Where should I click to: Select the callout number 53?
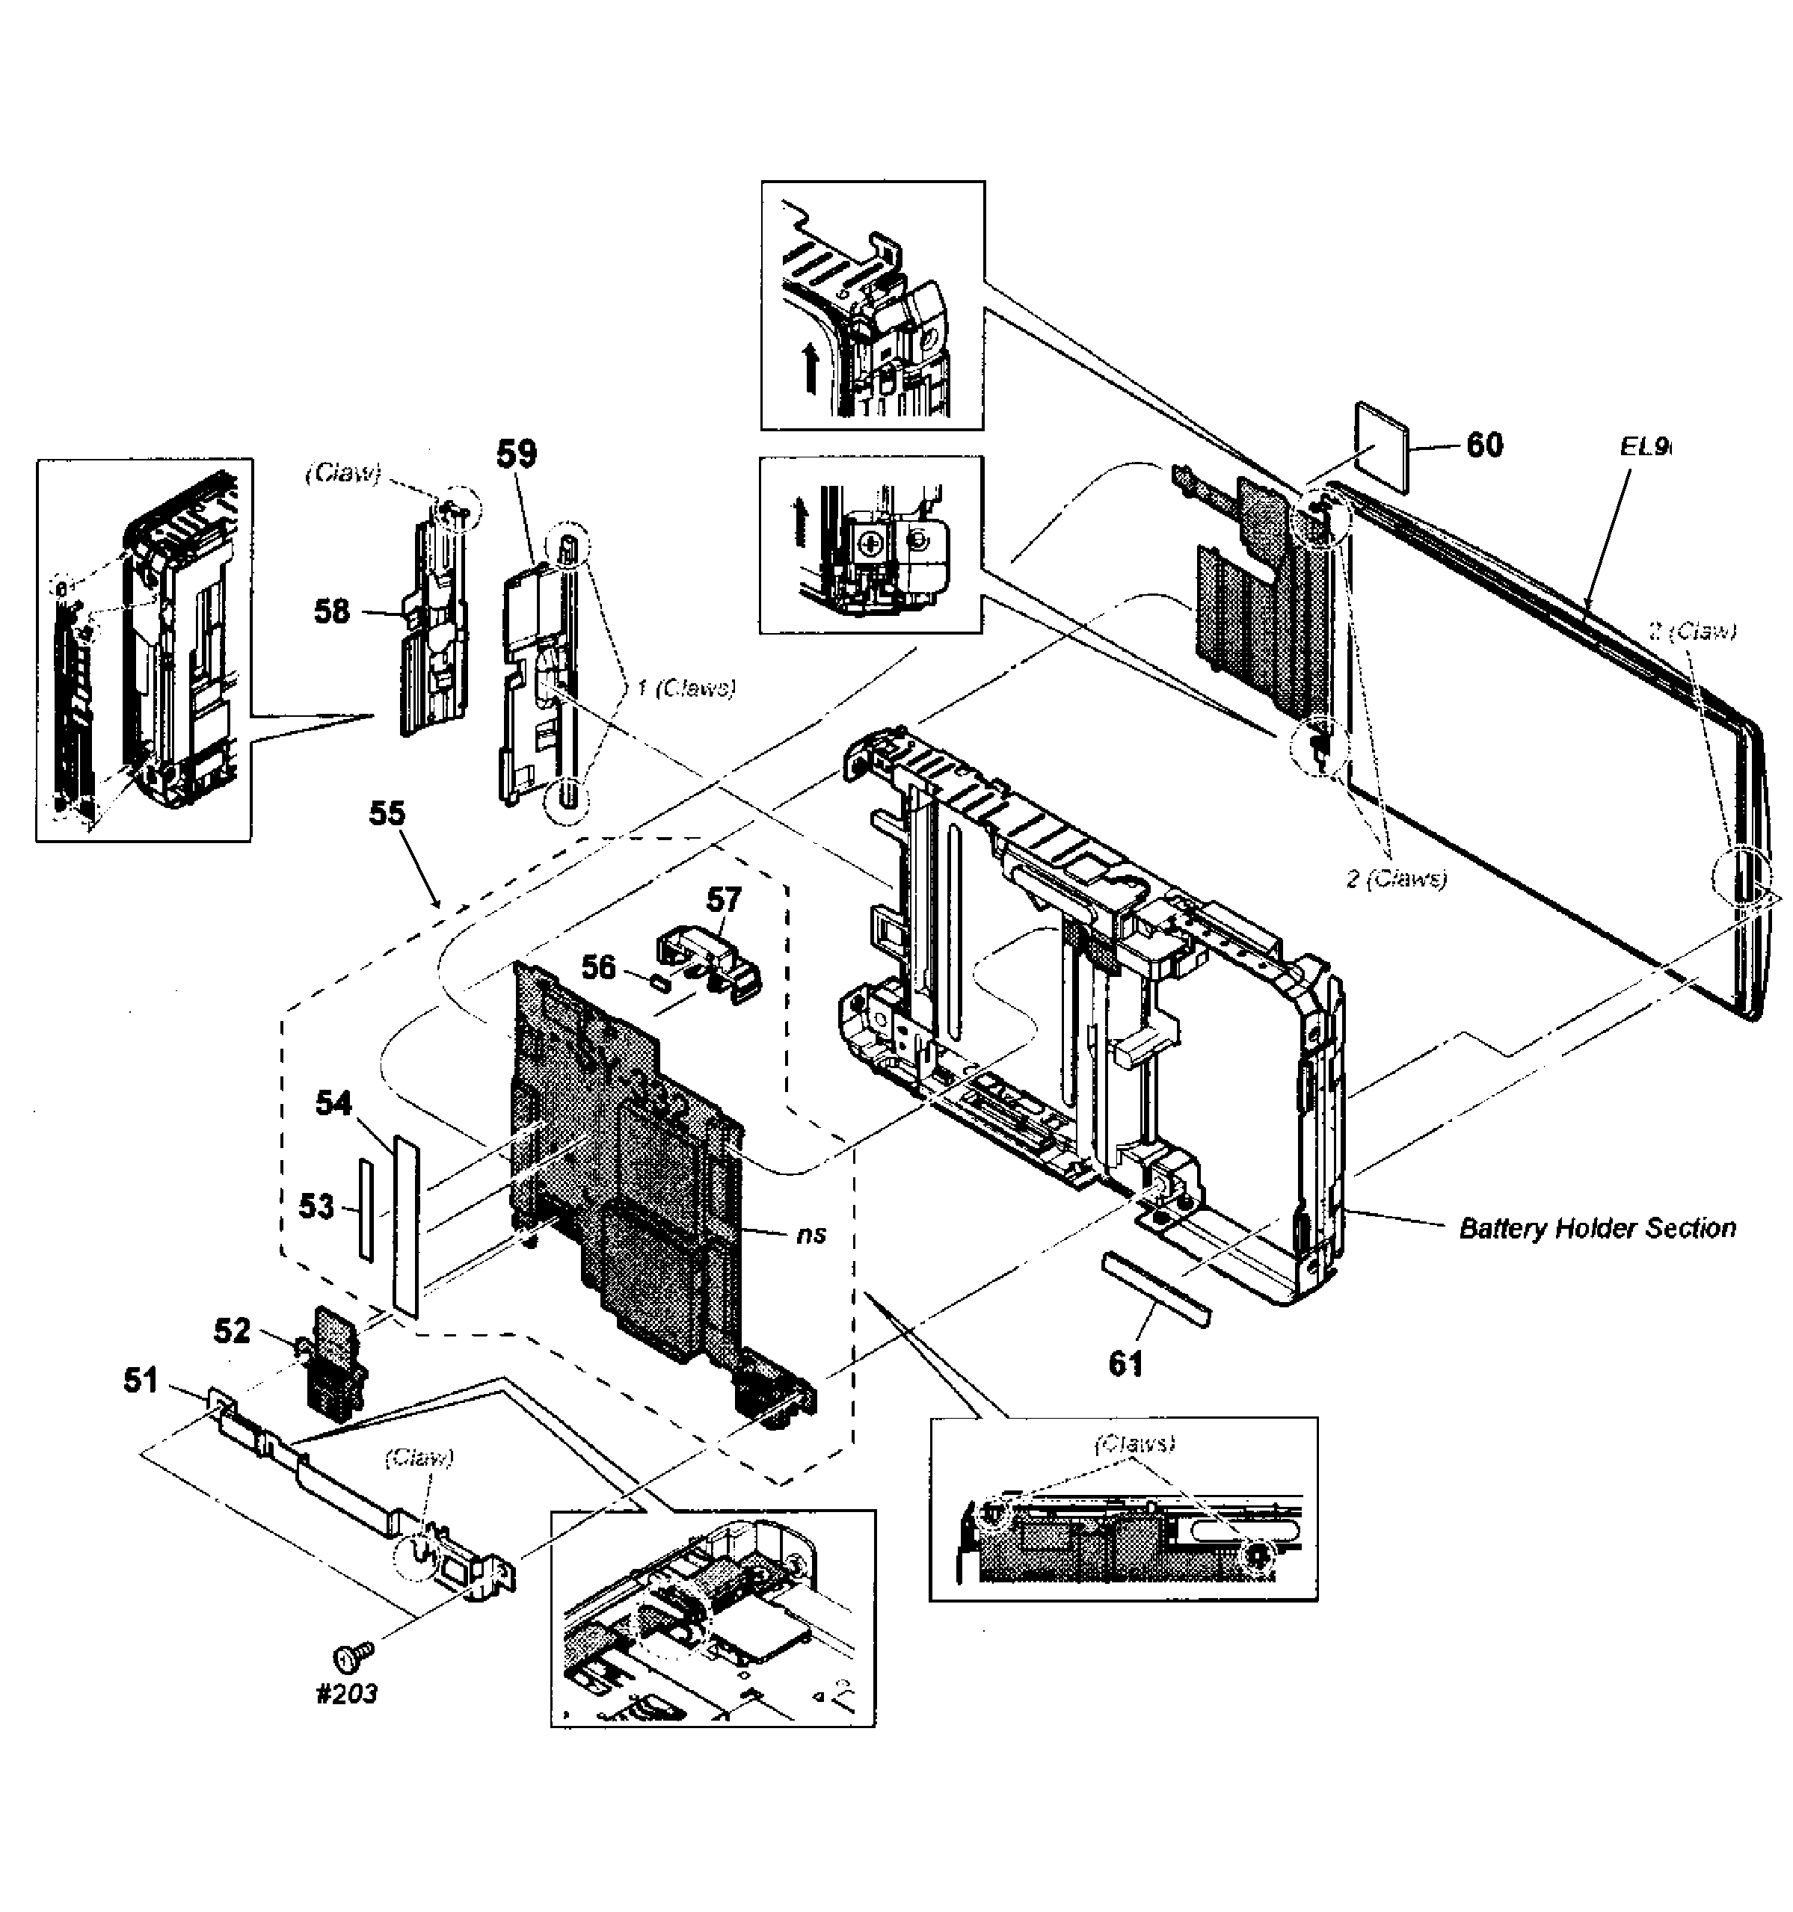[x=316, y=1206]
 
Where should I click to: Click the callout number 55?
[x=387, y=814]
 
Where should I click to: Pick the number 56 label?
[x=598, y=966]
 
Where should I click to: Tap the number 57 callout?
[x=725, y=899]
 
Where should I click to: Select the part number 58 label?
[x=332, y=611]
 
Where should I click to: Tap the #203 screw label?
[x=347, y=1694]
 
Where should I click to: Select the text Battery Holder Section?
[x=1598, y=1228]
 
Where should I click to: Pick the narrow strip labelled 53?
[x=365, y=1209]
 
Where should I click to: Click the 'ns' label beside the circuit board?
[x=811, y=1234]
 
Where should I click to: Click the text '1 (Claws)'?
[x=685, y=688]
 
